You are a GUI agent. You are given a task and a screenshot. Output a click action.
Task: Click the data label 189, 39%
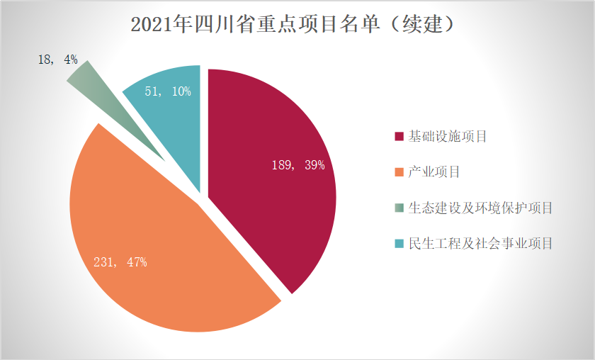298,165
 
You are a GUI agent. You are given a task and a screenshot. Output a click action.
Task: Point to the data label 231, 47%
120,262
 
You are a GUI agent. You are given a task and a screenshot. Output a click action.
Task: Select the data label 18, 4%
57,60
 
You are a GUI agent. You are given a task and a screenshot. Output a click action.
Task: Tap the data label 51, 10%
167,91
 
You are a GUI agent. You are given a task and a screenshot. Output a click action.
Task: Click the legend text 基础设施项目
448,136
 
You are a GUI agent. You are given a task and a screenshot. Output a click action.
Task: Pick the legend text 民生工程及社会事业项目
480,244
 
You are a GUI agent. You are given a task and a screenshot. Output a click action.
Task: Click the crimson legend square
399,136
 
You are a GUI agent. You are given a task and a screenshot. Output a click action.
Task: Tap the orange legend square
399,172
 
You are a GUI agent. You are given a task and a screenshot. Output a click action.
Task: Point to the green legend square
399,208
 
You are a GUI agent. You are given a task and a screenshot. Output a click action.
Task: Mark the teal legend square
399,244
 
